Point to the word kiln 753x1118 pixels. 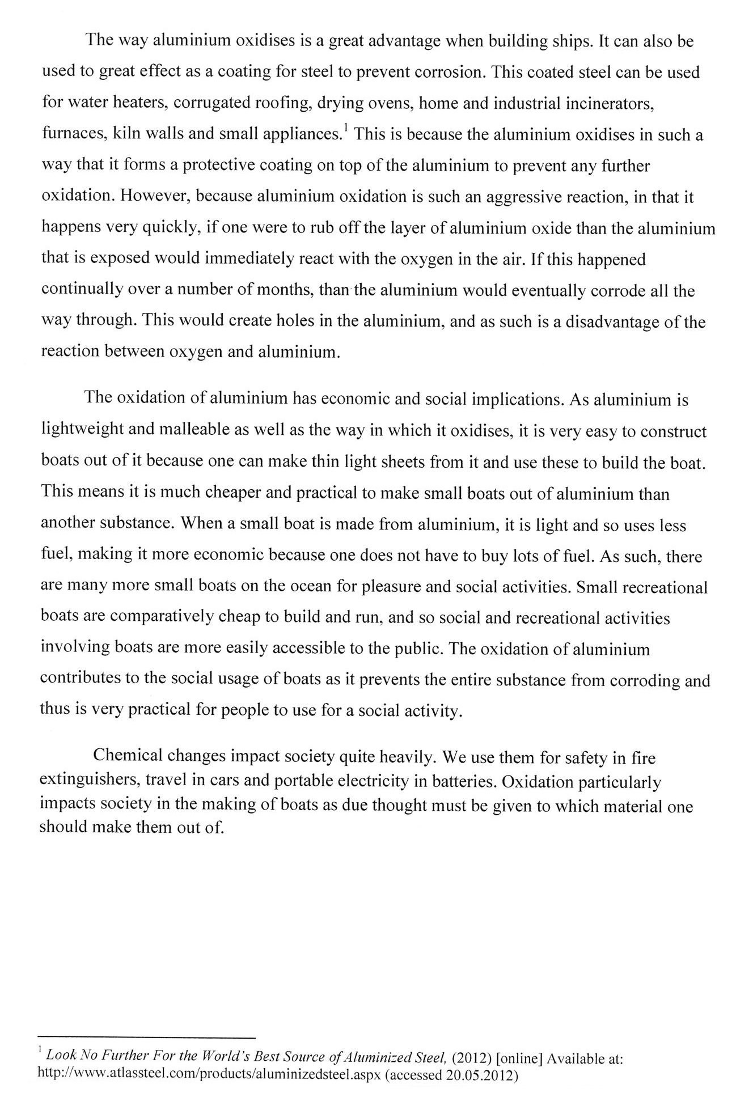point(128,134)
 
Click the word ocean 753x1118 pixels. point(311,586)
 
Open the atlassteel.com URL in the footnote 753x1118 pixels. point(209,1073)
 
